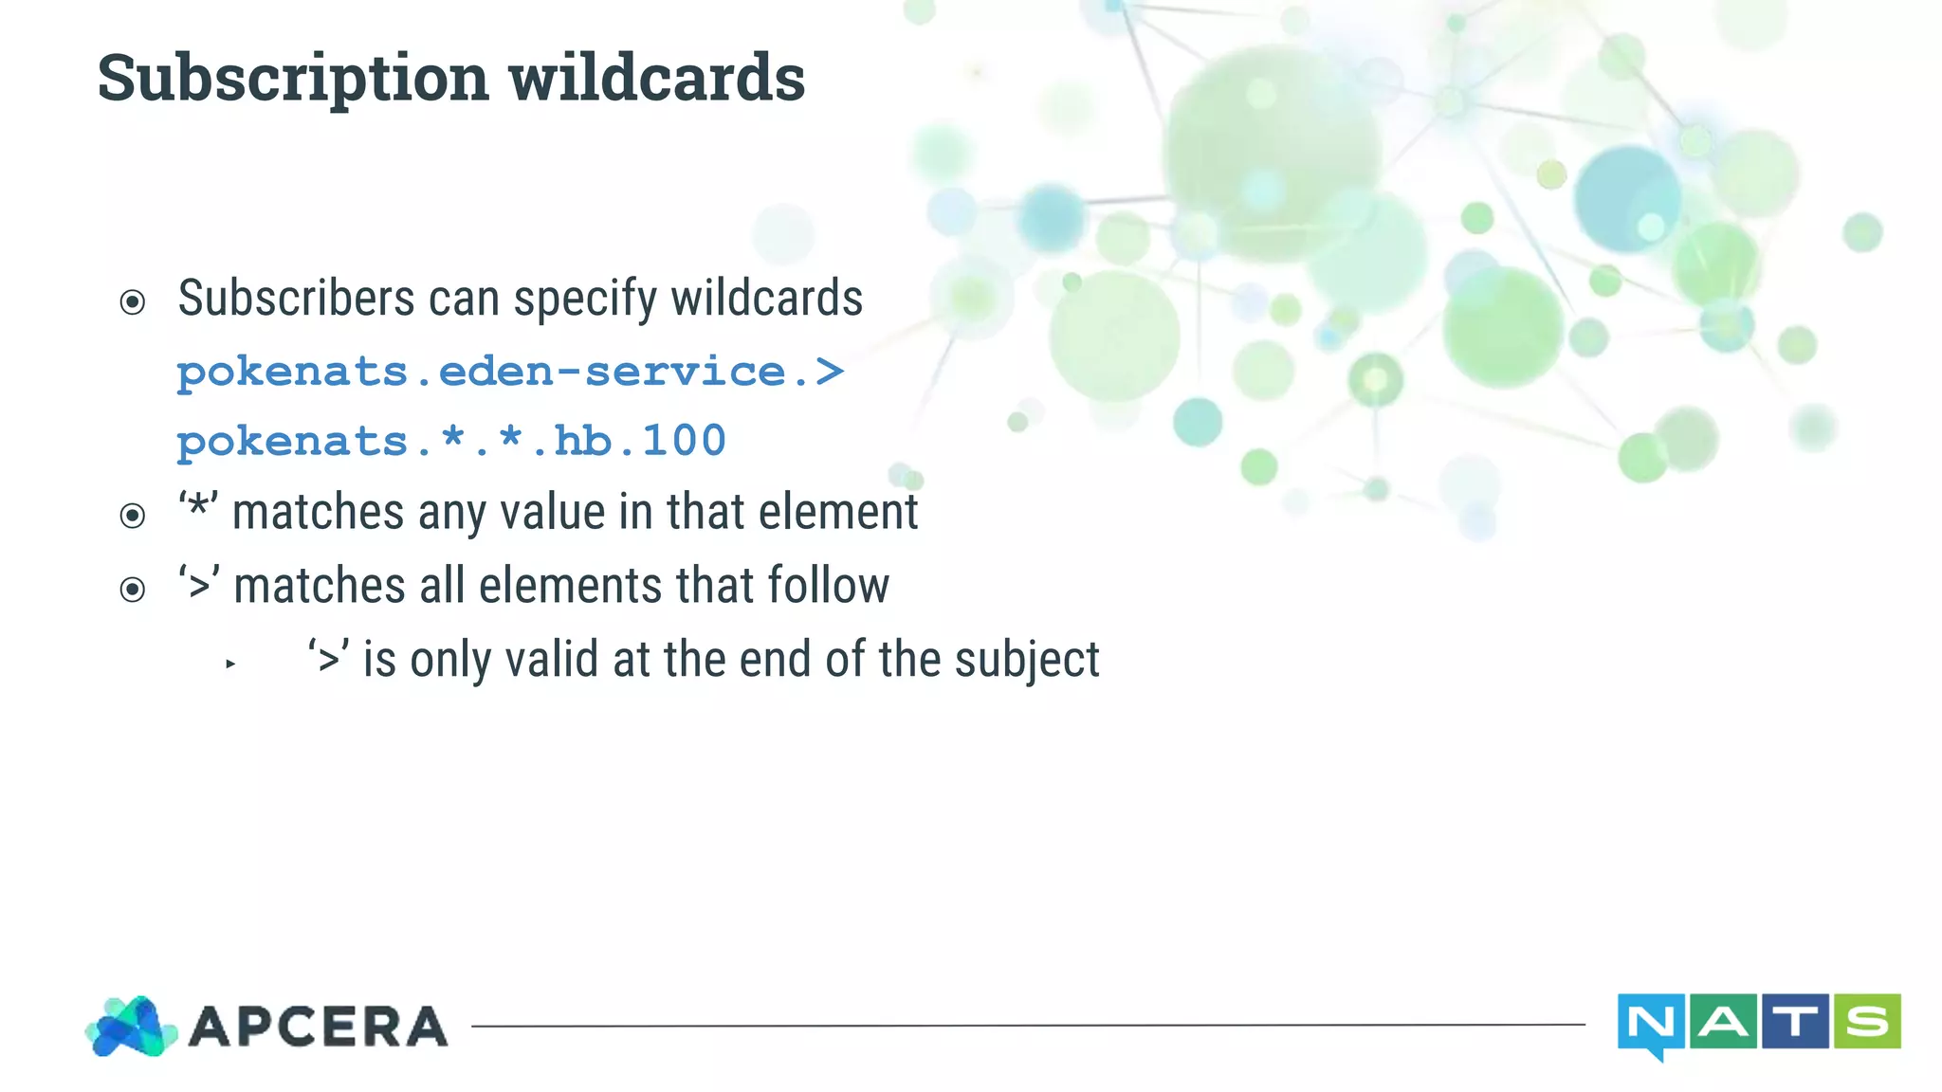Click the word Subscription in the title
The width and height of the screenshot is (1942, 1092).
coord(293,79)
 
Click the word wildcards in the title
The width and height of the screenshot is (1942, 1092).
coord(656,77)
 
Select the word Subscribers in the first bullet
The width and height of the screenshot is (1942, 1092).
coord(296,299)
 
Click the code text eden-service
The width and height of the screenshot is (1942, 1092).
coord(612,372)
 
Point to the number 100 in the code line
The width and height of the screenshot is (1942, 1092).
coord(684,441)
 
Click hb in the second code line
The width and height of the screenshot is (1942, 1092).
coord(583,441)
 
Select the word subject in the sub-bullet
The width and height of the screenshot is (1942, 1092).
coord(1027,661)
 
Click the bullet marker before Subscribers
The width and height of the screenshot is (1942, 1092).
coord(133,302)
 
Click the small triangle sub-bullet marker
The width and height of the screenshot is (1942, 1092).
coord(230,664)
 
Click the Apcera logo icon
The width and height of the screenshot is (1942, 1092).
coord(132,1027)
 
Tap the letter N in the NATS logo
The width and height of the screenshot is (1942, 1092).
coord(1650,1023)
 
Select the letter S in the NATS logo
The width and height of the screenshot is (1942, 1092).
coord(1866,1022)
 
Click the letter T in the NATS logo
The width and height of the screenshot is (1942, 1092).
coord(1795,1022)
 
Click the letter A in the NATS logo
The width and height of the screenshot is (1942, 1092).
coord(1723,1022)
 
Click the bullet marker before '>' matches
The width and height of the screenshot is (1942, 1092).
coord(133,590)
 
